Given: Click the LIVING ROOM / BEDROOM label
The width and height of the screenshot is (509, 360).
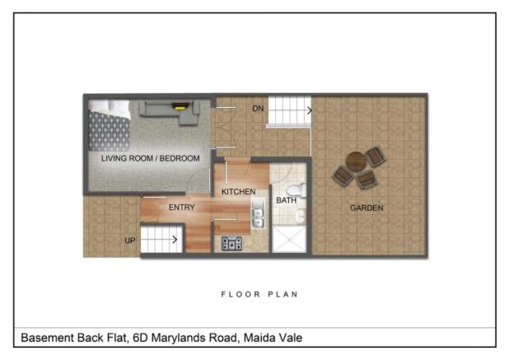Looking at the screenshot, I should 150,157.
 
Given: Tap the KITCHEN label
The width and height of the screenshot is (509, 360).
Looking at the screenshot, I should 239,192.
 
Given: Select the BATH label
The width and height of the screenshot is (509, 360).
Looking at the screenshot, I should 286,200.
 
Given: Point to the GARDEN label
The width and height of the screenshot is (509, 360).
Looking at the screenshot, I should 367,208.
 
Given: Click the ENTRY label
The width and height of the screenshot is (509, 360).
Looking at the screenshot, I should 181,208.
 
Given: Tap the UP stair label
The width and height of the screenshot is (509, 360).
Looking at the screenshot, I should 129,240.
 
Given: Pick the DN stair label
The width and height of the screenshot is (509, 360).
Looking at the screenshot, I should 258,108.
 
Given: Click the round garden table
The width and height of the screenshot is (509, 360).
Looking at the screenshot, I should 356,161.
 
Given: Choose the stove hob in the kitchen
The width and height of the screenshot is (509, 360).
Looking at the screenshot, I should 231,243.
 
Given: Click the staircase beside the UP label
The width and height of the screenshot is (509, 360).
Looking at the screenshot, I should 160,240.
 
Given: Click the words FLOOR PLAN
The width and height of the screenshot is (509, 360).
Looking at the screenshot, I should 259,294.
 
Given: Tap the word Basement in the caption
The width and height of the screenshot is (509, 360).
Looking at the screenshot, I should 49,338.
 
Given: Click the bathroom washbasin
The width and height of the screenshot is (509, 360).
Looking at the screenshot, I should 300,216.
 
